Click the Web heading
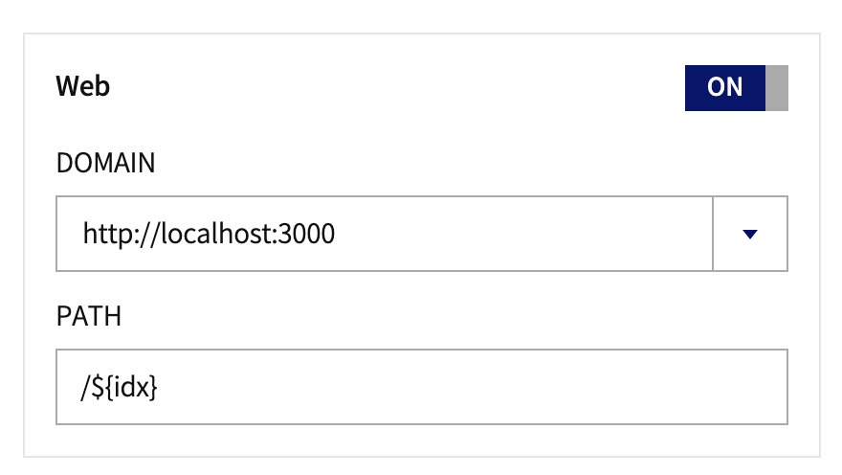(x=83, y=86)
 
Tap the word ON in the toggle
(x=724, y=87)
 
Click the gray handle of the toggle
(x=777, y=87)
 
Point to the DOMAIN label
(x=105, y=164)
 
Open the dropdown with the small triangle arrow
(x=750, y=234)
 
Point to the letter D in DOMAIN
(x=64, y=164)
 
